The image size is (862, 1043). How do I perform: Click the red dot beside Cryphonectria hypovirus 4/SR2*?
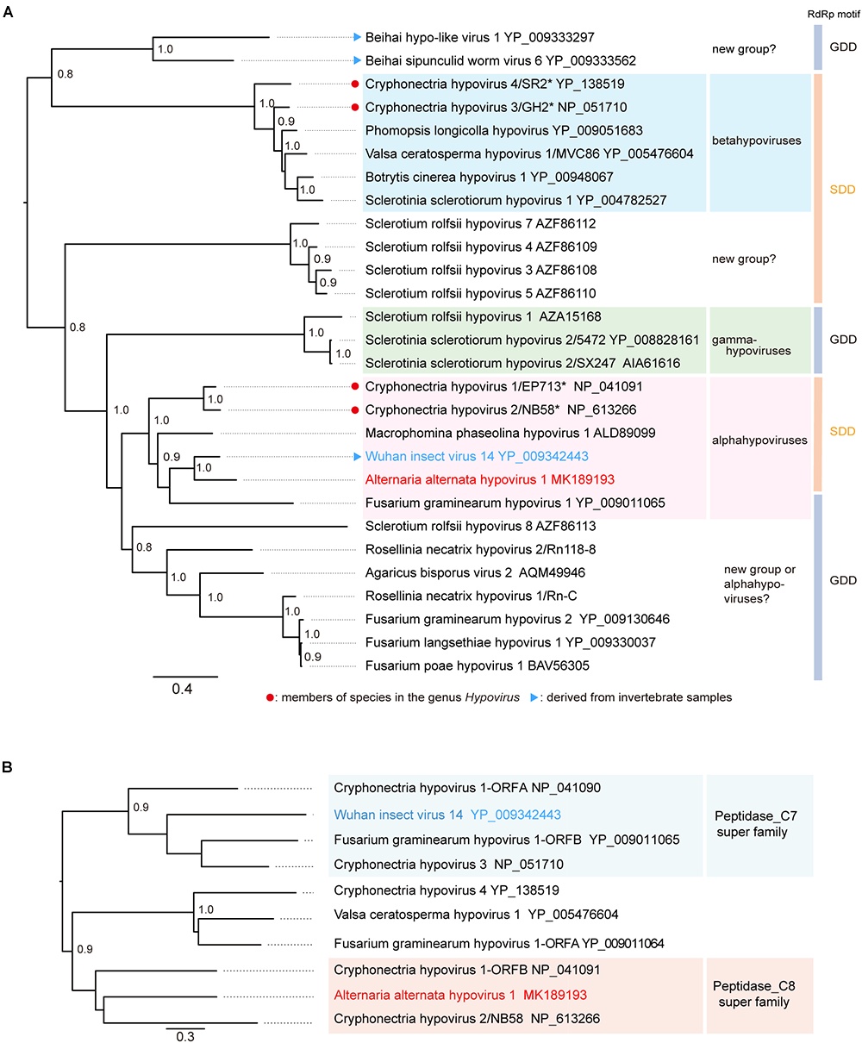click(353, 84)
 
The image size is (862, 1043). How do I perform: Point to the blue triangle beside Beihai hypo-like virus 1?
click(356, 37)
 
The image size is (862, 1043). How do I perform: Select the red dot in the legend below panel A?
click(272, 697)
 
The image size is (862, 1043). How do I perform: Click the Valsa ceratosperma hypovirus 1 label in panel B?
click(476, 914)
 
